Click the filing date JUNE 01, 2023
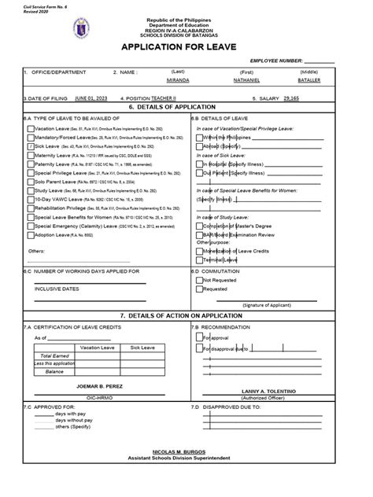click(91, 99)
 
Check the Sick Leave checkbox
click(30, 146)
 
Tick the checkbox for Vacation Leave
click(30, 127)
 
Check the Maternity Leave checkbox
click(30, 156)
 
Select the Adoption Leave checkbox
click(30, 234)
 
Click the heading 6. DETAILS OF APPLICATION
click(186, 106)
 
